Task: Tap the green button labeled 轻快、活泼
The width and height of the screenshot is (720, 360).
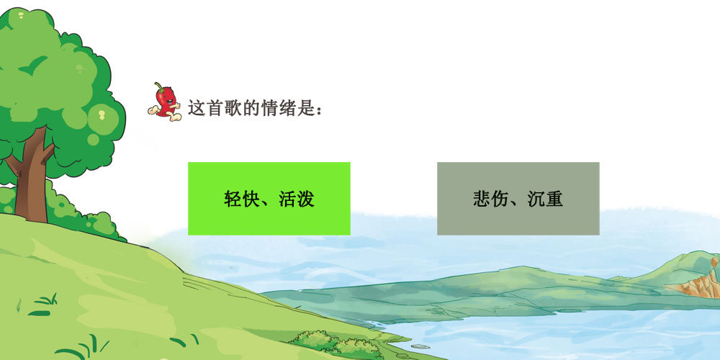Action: [269, 199]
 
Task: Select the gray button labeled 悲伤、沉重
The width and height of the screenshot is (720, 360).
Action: [518, 199]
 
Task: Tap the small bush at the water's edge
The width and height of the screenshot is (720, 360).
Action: [336, 344]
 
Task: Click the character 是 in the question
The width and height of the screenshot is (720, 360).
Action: [306, 108]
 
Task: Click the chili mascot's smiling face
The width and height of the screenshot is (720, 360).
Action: [168, 99]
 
